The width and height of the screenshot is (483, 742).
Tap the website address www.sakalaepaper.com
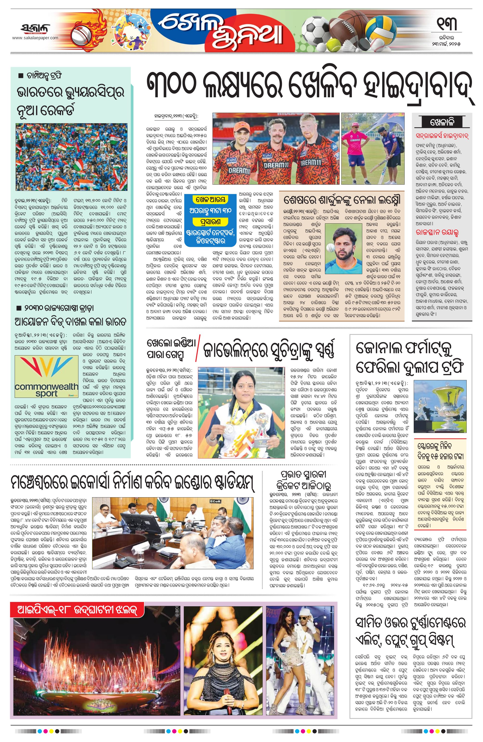tap(35, 38)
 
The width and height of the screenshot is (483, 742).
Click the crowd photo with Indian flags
tap(71, 156)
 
